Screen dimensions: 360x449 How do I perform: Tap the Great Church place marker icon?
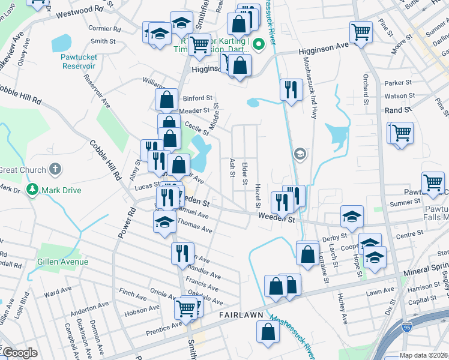pos(55,170)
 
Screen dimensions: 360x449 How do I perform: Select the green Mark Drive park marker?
pos(34,190)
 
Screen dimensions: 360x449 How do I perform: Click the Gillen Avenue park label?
pos(62,262)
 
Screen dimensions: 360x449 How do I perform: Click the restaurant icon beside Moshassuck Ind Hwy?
pos(291,89)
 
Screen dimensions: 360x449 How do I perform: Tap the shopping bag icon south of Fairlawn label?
pos(268,331)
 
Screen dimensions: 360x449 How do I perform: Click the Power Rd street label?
pos(125,224)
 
